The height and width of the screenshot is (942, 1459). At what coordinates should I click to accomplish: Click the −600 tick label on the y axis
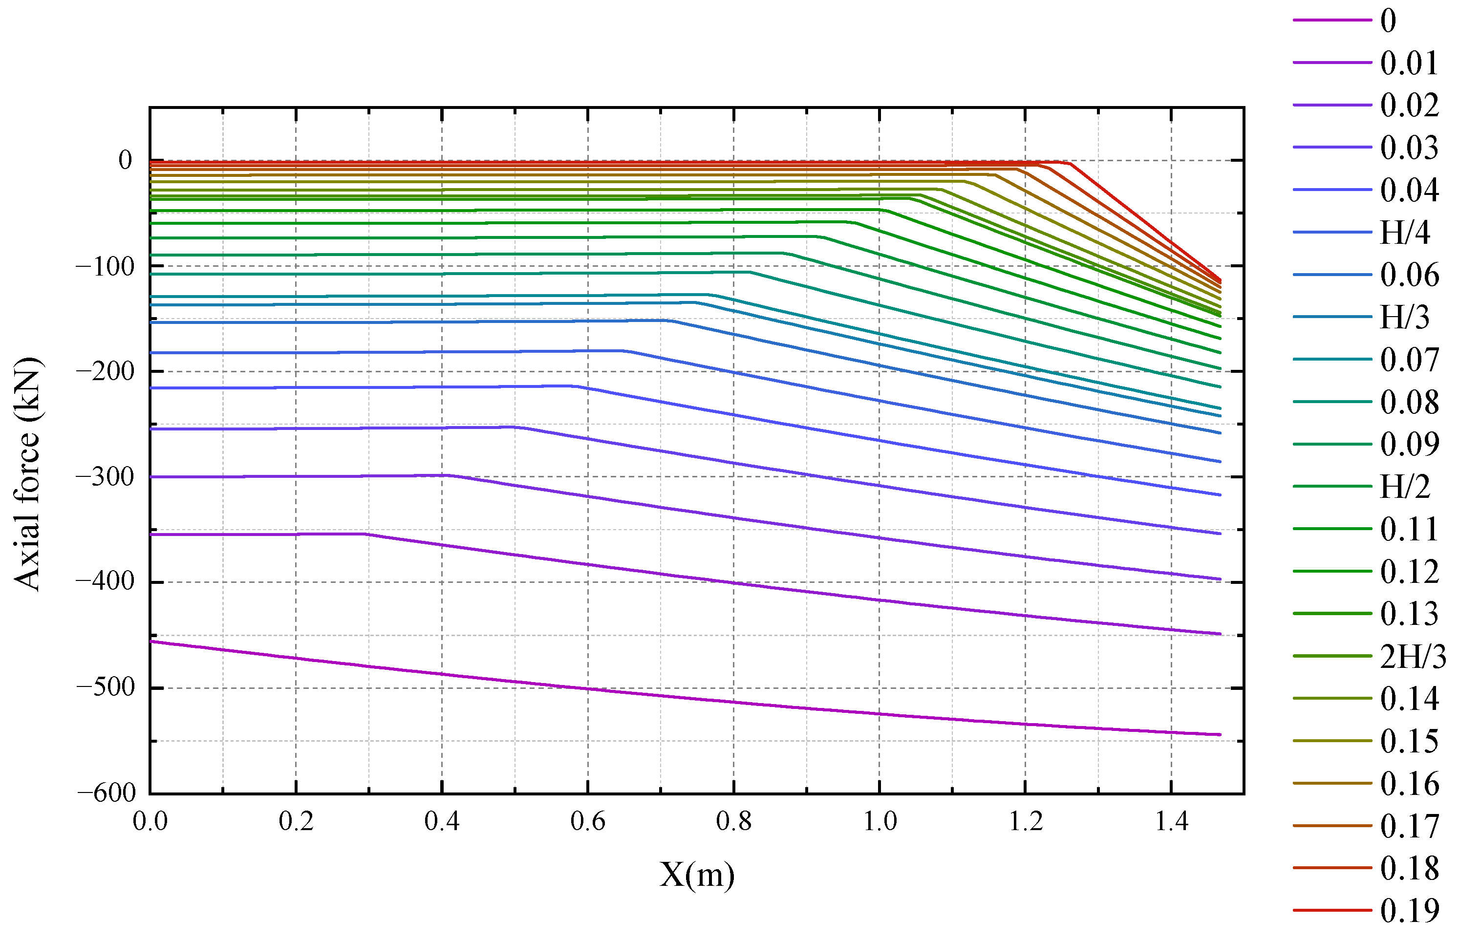107,793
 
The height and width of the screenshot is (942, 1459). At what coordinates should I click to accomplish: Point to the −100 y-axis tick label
105,267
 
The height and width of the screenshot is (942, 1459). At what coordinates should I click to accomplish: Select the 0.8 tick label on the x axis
733,821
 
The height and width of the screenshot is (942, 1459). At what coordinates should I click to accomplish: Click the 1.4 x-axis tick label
1171,821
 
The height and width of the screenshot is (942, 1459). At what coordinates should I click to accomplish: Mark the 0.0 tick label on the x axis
150,821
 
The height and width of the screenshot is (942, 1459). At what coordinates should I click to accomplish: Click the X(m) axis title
697,875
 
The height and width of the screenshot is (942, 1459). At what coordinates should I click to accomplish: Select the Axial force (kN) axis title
27,474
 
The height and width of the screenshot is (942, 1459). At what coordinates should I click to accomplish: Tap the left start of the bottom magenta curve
151,642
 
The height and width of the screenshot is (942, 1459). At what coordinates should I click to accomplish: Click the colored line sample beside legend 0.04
1332,190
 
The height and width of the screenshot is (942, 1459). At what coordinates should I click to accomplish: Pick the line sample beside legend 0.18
1332,868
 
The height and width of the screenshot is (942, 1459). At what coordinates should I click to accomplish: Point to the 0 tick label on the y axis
126,160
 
